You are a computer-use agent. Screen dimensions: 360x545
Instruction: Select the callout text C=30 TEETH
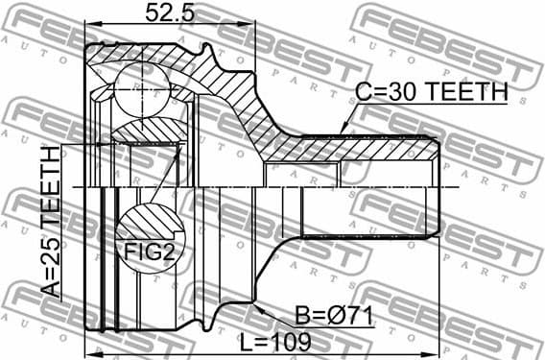coord(430,92)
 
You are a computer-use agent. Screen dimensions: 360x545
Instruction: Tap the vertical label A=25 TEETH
coord(49,225)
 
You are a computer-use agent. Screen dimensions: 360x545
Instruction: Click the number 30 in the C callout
coord(396,92)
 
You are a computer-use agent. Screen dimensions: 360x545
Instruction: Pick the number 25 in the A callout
coord(49,264)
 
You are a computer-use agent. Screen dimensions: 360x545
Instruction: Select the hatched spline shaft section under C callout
coord(384,149)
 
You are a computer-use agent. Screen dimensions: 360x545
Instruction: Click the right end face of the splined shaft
coord(439,185)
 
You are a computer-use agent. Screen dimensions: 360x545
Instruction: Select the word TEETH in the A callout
coord(49,190)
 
